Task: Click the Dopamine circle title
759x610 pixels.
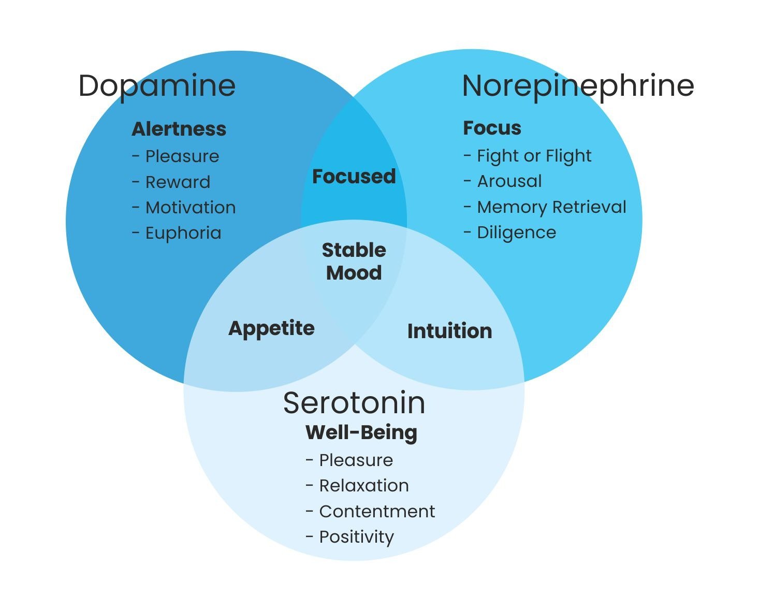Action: click(x=157, y=86)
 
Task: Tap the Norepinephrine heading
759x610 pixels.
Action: click(x=577, y=86)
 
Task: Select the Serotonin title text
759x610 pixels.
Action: click(x=354, y=403)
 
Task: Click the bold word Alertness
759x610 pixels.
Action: click(x=179, y=129)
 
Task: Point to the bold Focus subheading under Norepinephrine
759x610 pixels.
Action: click(x=492, y=128)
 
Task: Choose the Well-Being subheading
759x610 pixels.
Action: click(x=361, y=432)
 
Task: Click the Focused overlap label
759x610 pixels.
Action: click(x=354, y=177)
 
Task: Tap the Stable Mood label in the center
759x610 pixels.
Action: click(x=354, y=262)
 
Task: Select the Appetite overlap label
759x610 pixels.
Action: click(x=271, y=328)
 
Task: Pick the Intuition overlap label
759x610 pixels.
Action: click(x=449, y=331)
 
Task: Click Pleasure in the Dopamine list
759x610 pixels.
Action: click(x=182, y=156)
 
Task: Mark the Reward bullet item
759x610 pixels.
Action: click(x=178, y=182)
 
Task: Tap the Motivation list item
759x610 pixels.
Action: click(x=190, y=208)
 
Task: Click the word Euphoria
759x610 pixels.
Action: click(x=183, y=233)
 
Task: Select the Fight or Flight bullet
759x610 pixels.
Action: click(x=534, y=156)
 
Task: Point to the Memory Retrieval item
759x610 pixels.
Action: click(x=551, y=207)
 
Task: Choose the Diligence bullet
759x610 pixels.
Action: click(x=516, y=233)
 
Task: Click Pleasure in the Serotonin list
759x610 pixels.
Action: click(x=356, y=460)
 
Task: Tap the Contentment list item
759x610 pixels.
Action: click(x=376, y=512)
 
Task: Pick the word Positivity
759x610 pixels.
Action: click(x=356, y=537)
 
